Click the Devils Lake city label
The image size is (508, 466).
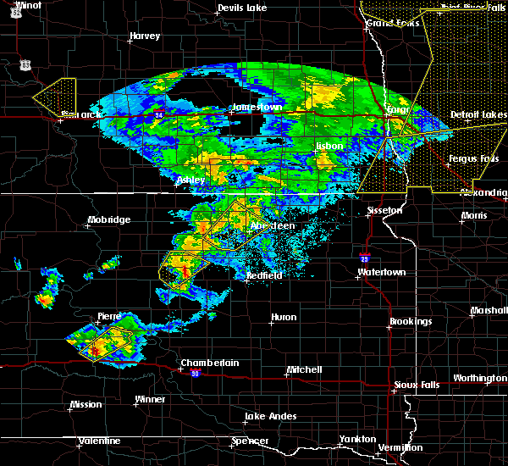242,8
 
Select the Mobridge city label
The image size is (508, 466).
108,220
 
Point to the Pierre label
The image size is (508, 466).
109,316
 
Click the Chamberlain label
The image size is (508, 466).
209,363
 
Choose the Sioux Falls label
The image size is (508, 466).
417,386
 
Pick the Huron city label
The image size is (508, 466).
283,318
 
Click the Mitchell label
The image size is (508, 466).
304,370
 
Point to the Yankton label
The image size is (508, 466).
357,439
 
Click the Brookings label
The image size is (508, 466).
411,322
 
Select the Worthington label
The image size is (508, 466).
480,378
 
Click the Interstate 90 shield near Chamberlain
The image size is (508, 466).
195,373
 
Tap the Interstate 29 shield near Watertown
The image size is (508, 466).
364,254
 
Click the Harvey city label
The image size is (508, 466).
145,36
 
